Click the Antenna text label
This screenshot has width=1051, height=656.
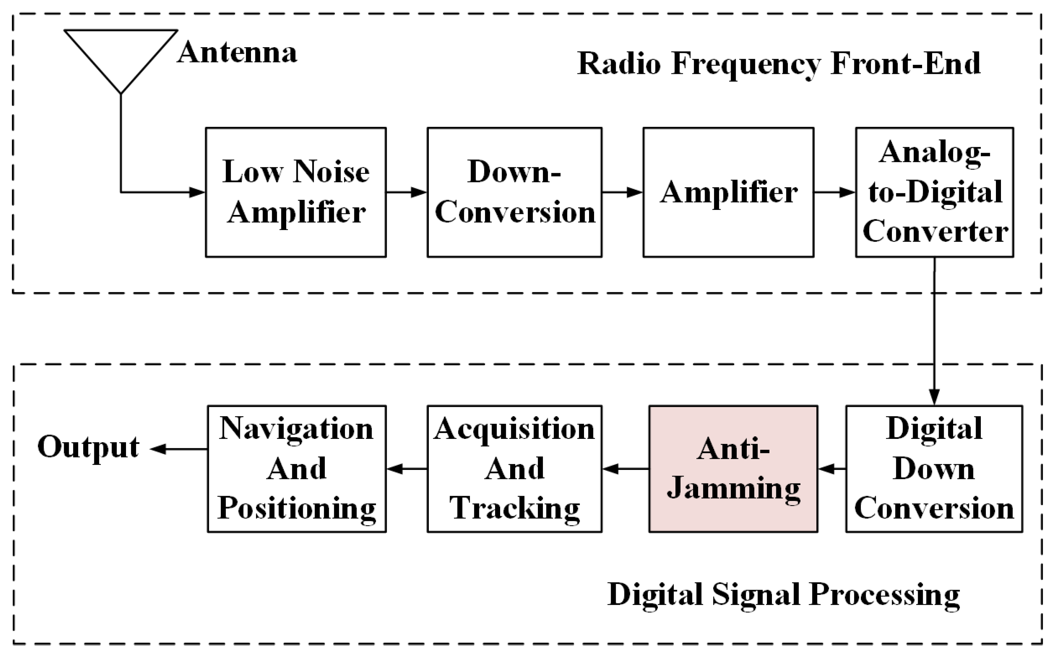click(237, 53)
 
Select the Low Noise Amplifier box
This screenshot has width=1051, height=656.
click(295, 192)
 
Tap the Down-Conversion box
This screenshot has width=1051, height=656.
click(515, 192)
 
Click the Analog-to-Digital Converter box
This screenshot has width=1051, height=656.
click(934, 192)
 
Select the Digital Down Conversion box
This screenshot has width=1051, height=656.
click(934, 468)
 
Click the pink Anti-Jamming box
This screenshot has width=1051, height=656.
click(733, 468)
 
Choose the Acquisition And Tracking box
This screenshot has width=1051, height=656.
click(515, 468)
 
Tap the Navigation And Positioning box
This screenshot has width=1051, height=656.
click(297, 468)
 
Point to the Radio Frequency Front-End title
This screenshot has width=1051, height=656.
click(778, 64)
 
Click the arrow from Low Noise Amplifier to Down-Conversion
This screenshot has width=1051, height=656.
click(407, 192)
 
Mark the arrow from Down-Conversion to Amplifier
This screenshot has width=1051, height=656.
click(622, 192)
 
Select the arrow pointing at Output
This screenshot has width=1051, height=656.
click(178, 449)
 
